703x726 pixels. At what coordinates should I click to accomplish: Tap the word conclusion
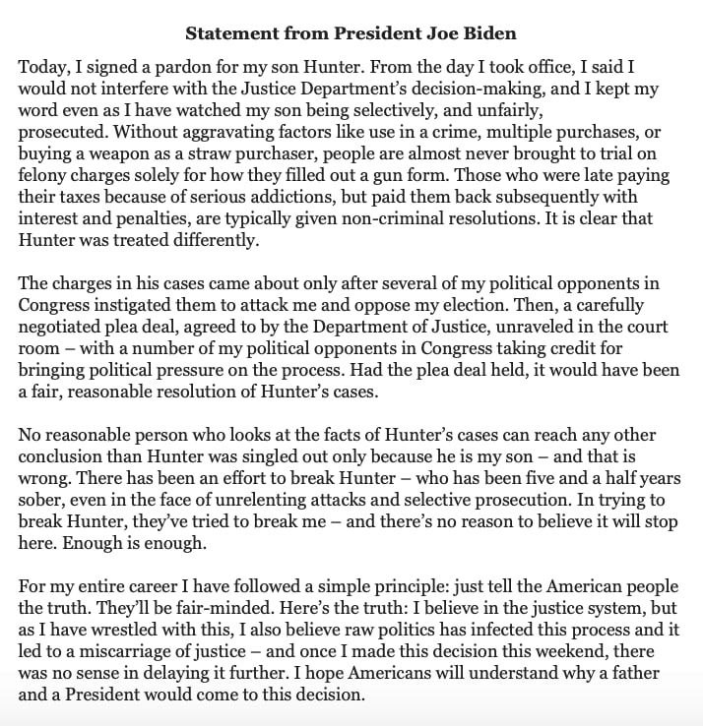(61, 455)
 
